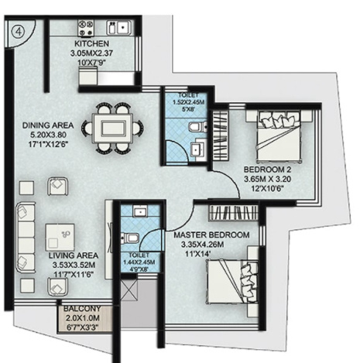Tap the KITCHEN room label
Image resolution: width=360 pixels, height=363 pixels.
coord(92,44)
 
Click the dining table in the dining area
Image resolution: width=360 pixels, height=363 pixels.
coord(113,125)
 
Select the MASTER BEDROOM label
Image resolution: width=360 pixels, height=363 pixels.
coord(211,235)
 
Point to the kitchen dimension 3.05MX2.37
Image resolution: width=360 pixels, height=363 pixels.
coord(92,53)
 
